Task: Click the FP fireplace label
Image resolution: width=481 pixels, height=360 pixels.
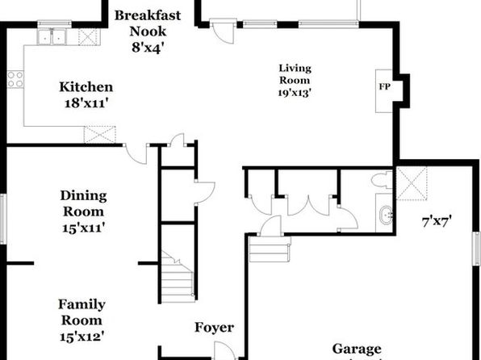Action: click(385, 87)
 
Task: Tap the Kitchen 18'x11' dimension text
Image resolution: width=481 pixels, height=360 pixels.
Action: click(86, 103)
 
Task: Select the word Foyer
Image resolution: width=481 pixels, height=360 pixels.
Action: click(214, 328)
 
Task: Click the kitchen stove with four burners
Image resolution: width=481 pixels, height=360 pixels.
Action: click(15, 79)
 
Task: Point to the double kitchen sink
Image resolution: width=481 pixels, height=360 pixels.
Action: click(52, 36)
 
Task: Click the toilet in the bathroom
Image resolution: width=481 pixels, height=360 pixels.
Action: click(382, 180)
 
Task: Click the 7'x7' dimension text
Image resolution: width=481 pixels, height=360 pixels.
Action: click(437, 221)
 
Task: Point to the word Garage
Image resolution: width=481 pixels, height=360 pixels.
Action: click(357, 349)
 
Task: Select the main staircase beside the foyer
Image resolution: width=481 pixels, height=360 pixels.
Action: click(178, 277)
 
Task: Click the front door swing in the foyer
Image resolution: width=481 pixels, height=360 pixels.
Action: click(224, 350)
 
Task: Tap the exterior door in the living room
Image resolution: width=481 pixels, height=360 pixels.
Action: click(223, 31)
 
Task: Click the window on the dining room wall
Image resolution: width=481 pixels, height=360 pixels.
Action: click(3, 219)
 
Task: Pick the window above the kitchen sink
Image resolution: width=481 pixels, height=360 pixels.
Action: click(55, 24)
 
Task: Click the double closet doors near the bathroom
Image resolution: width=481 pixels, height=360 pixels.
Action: click(308, 205)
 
